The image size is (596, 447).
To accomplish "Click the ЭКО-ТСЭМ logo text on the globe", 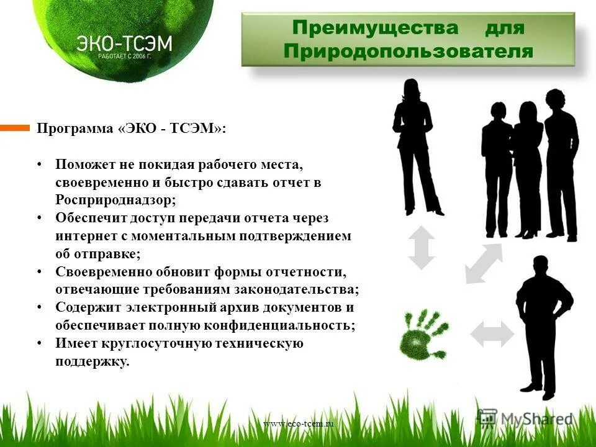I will (x=124, y=43).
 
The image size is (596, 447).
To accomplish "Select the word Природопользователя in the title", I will (x=408, y=51).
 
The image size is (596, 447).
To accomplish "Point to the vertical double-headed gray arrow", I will (x=422, y=247).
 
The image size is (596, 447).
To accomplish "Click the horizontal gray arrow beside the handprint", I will (x=492, y=335).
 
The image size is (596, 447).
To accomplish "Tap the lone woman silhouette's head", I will (x=412, y=88).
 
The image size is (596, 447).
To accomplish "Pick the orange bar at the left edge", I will (x=14, y=128).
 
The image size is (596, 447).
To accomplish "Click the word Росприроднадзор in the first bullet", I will (x=115, y=201).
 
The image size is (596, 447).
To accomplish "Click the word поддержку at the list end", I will (x=93, y=361).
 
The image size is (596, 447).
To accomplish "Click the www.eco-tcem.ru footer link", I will (x=298, y=423).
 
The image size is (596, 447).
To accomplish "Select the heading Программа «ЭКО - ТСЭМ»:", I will (x=132, y=129).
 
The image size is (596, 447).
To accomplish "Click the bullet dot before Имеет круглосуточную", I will (x=40, y=343).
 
